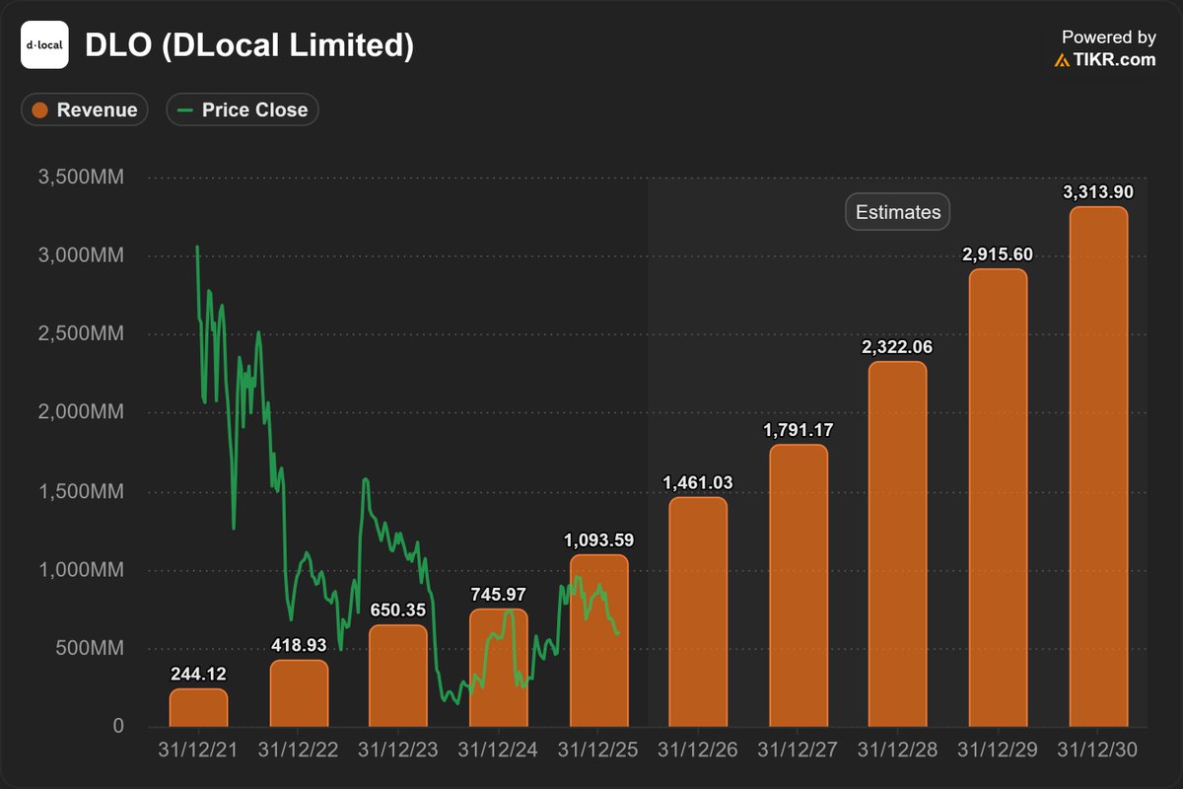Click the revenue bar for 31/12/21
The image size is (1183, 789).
tap(198, 708)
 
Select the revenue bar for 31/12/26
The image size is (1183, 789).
tap(698, 611)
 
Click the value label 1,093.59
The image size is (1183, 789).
tap(598, 540)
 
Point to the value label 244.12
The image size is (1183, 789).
tap(198, 675)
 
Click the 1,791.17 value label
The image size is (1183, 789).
tap(798, 431)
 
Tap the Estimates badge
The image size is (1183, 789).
tap(898, 212)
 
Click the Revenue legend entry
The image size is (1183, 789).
tap(85, 109)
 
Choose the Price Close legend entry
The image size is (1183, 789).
tap(243, 109)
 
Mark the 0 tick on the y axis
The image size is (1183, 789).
tap(117, 727)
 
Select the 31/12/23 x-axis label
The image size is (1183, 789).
tap(398, 751)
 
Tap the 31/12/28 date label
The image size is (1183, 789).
tap(898, 751)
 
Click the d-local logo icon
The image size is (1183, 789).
tap(44, 45)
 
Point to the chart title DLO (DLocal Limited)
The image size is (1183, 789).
tap(249, 45)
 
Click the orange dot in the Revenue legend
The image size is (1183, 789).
tap(40, 109)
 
